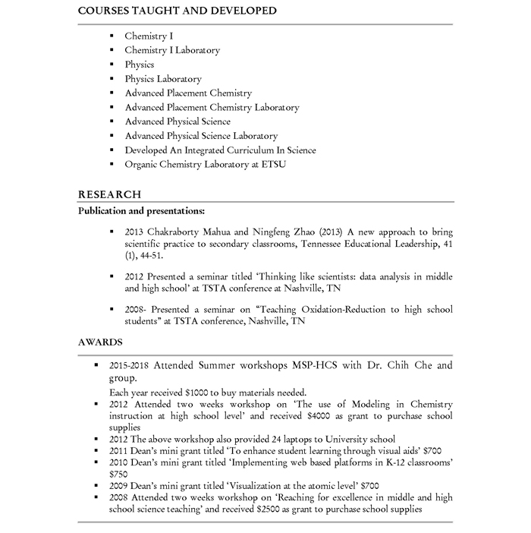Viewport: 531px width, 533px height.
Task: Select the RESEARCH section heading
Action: coord(109,194)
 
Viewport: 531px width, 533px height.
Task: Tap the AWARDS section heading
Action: coord(100,342)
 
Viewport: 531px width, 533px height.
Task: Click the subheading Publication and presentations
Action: coord(141,210)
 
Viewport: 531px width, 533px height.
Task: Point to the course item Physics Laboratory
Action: coord(163,79)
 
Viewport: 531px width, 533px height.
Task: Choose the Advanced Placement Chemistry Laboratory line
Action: coord(212,108)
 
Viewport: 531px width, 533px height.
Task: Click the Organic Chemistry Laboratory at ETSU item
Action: coord(205,164)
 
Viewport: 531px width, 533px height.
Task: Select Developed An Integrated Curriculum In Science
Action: coord(220,150)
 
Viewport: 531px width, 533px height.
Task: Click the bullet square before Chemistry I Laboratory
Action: coord(111,50)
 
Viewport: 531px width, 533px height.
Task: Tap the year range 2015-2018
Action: coord(129,365)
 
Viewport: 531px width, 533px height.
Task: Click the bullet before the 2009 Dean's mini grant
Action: coord(96,484)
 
